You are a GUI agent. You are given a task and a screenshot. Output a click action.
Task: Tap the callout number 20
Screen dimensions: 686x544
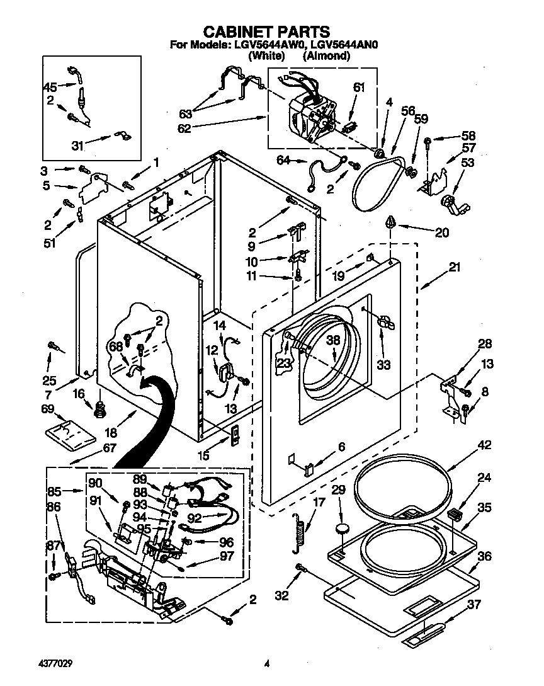point(442,232)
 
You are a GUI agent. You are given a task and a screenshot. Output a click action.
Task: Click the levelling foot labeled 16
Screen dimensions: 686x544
point(98,410)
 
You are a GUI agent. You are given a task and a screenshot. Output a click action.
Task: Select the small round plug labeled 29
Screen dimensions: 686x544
point(343,529)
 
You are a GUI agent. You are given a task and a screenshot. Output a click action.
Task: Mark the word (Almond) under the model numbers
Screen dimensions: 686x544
point(326,56)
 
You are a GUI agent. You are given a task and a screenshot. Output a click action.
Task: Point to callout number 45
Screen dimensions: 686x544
point(50,87)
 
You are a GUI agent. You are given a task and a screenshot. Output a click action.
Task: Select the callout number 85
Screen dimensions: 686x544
point(54,489)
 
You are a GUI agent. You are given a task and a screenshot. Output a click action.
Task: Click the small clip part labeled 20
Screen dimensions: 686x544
point(391,222)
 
